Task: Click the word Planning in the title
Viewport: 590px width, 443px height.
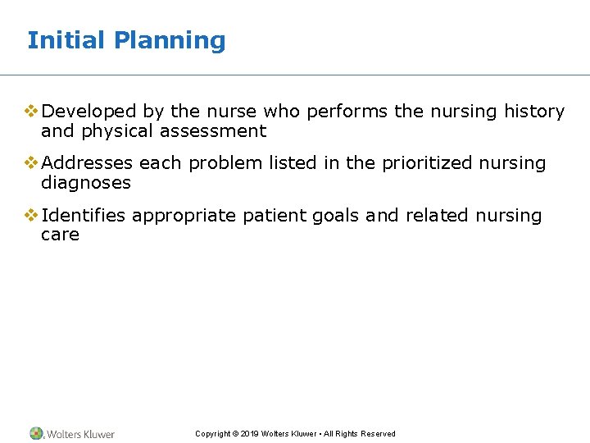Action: (170, 40)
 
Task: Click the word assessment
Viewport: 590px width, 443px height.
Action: (215, 131)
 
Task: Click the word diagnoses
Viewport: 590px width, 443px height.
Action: (85, 183)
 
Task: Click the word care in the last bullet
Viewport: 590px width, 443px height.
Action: (60, 235)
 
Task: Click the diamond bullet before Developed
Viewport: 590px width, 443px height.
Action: (31, 112)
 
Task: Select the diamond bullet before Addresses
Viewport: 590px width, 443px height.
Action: (31, 163)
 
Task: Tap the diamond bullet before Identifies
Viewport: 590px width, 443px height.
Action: (31, 216)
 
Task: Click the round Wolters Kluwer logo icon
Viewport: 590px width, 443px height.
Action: (37, 433)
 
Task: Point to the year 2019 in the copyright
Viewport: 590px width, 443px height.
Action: (249, 434)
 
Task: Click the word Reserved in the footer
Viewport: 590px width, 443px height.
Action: (378, 434)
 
